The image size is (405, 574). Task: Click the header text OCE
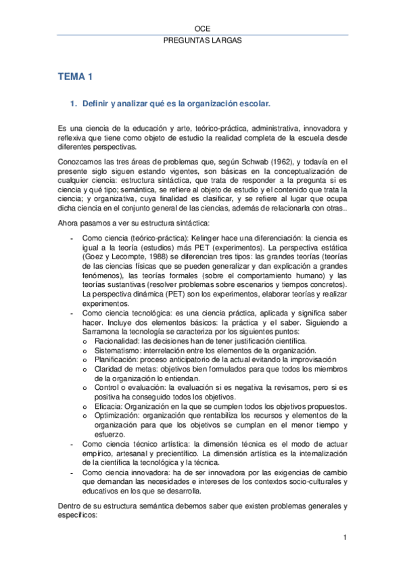point(203,29)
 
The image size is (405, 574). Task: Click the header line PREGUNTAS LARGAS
point(203,41)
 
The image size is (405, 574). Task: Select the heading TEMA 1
point(74,78)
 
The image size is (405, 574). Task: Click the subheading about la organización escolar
point(176,104)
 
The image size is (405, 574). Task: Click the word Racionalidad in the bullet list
point(113,341)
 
